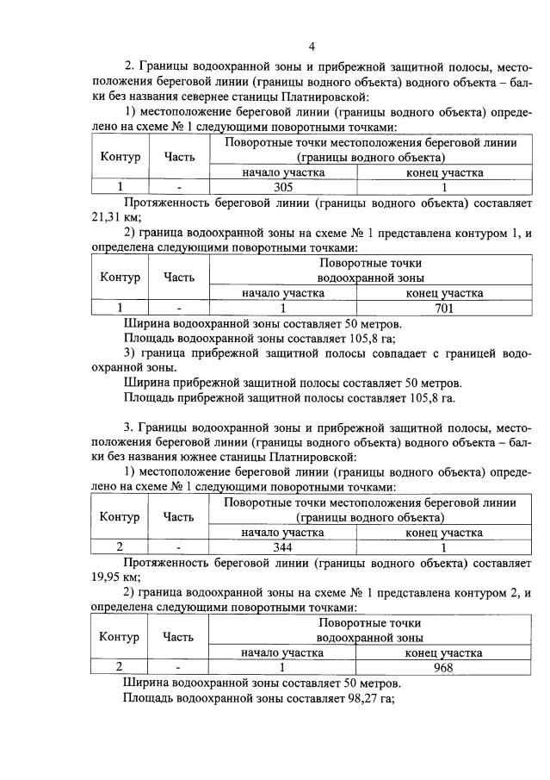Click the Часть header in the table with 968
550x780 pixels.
click(179, 638)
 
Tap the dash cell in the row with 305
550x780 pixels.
click(179, 187)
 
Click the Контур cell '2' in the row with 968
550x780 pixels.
click(120, 667)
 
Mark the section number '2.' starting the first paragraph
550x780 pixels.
click(131, 66)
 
